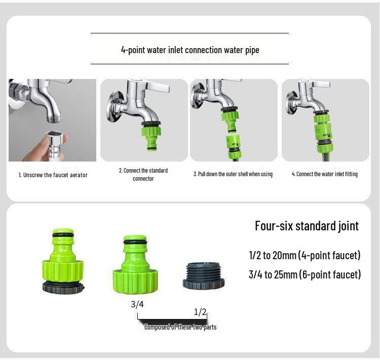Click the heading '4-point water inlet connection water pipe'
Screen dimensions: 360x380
(189, 50)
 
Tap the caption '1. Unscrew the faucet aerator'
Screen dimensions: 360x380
(53, 175)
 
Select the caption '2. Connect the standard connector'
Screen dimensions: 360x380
(143, 174)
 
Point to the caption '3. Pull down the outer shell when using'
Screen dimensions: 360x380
(233, 174)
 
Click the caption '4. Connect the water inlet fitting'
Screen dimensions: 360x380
(324, 174)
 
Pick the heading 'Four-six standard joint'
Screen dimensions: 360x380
(307, 226)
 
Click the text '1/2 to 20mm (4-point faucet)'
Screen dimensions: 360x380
(305, 255)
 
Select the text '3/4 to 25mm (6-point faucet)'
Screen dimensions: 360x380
(305, 275)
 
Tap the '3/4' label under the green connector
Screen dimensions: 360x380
(137, 304)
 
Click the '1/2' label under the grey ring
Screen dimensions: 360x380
(201, 312)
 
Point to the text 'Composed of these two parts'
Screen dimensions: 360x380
(180, 327)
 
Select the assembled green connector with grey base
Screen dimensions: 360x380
(62, 262)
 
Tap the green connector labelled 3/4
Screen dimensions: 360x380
(135, 263)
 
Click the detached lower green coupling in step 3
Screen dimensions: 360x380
(234, 143)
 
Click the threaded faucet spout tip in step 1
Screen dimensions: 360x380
(53, 117)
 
